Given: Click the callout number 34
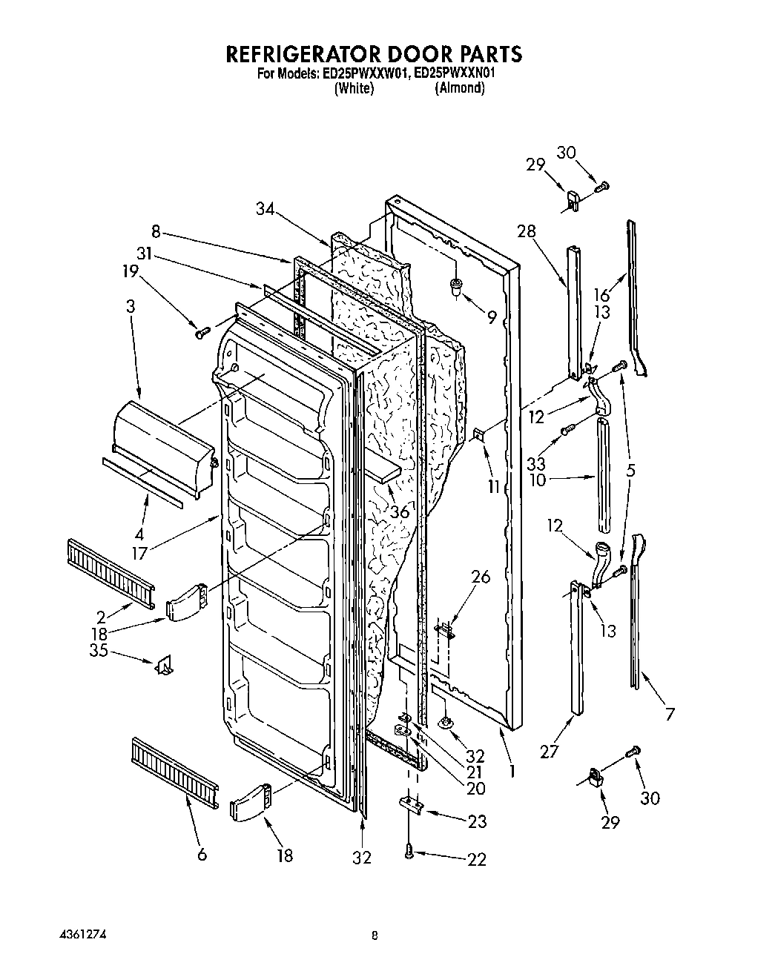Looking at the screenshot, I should click(x=265, y=210).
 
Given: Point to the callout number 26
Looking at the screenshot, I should click(x=481, y=575).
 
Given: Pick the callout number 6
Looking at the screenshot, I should click(x=202, y=855).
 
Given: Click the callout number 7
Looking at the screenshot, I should click(x=670, y=715).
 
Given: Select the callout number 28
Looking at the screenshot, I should click(x=526, y=231).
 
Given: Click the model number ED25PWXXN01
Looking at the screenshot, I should click(x=455, y=73).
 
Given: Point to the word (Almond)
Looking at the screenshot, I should click(x=460, y=88).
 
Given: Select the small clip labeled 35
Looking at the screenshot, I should click(x=163, y=665).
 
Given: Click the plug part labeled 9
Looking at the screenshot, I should click(x=456, y=287).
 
